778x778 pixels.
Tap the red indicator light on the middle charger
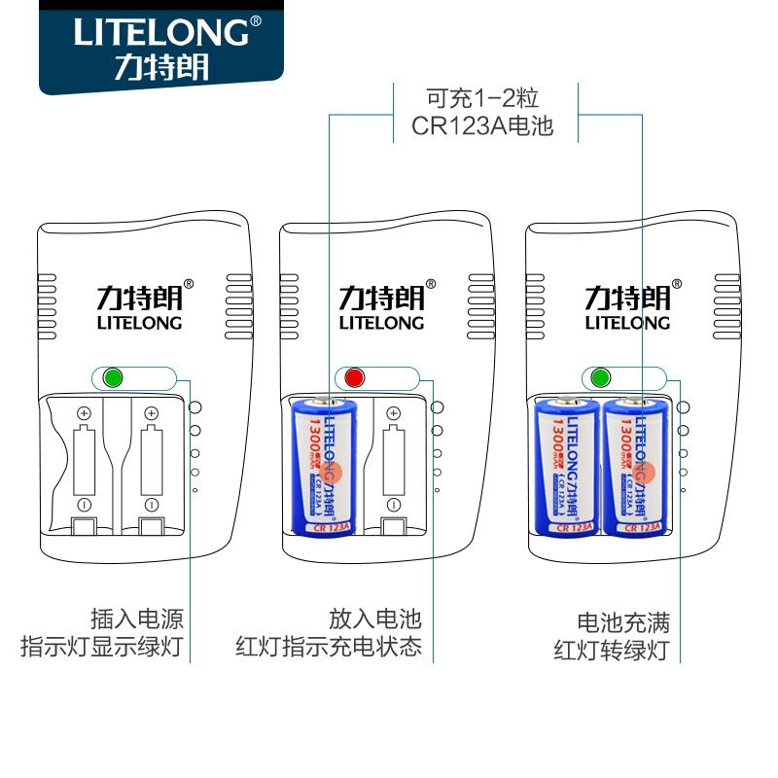click(x=353, y=377)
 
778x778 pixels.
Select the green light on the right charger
click(x=598, y=377)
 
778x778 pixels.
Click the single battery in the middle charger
click(x=326, y=465)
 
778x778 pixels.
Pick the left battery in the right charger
click(x=566, y=465)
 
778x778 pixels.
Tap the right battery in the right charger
click(x=634, y=465)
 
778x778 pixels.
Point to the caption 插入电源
click(x=137, y=619)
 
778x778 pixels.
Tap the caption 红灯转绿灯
click(x=612, y=650)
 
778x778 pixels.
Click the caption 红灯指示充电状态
click(x=329, y=647)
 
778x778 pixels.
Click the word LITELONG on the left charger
click(x=138, y=323)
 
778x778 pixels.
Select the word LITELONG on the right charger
click(x=627, y=323)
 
